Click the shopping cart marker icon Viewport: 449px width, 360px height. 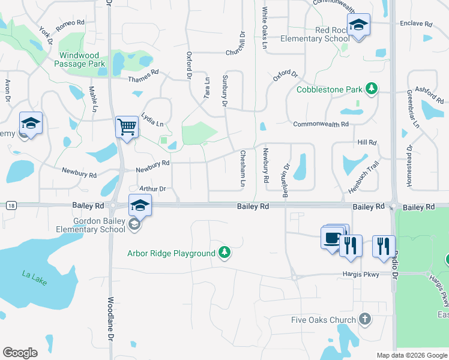[x=127, y=127]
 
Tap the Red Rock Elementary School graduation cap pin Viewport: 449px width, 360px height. [x=358, y=25]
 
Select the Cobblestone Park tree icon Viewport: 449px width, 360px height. [x=372, y=89]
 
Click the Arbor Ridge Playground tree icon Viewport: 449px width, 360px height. [x=224, y=252]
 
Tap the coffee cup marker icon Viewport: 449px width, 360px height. [x=332, y=238]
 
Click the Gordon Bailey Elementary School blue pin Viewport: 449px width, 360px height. [x=140, y=205]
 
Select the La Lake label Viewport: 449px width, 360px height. [x=34, y=278]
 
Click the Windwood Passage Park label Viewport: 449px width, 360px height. [x=82, y=59]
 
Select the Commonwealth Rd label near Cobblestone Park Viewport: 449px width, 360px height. [x=321, y=124]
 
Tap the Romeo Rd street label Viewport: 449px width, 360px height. [x=70, y=25]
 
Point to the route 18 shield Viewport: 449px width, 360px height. [x=11, y=206]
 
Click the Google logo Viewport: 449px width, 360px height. [x=20, y=353]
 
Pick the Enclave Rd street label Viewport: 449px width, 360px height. [x=416, y=24]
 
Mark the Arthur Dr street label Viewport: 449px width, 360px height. [x=152, y=188]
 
